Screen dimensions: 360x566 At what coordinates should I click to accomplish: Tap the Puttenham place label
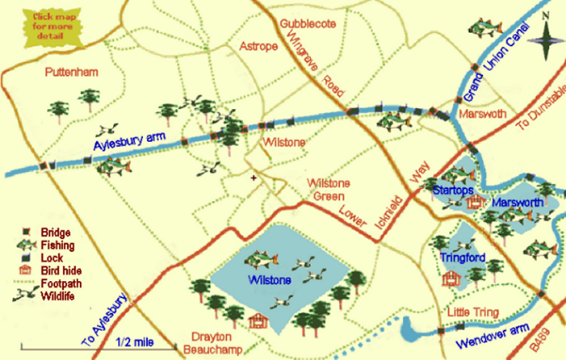(71, 73)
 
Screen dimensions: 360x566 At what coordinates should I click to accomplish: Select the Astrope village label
(258, 47)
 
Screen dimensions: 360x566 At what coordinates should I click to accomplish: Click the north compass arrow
(547, 32)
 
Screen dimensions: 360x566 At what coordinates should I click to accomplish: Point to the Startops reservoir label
(451, 189)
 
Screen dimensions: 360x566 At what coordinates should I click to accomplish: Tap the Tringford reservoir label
(462, 257)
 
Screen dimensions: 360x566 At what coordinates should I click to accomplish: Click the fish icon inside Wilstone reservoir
(262, 260)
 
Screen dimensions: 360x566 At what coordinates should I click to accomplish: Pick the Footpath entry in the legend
(59, 283)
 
